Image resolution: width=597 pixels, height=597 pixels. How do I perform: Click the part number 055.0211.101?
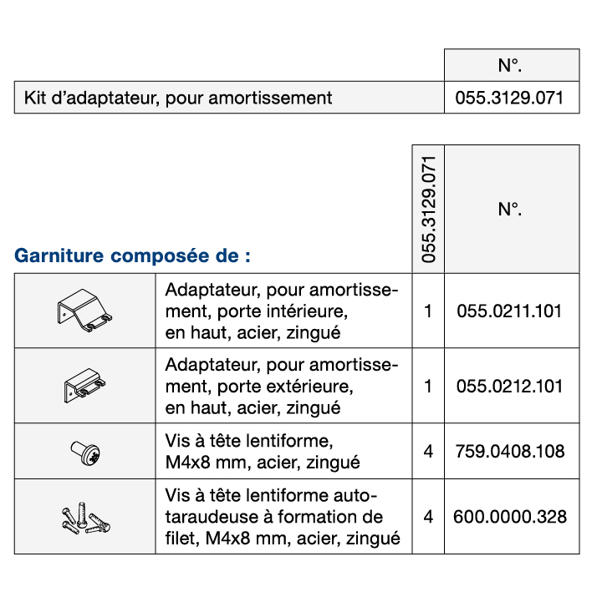(x=510, y=312)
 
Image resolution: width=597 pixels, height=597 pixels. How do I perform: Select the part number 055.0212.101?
(x=510, y=387)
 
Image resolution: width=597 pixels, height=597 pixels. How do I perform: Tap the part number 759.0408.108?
(x=510, y=452)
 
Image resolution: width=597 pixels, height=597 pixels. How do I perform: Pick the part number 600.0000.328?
(x=510, y=517)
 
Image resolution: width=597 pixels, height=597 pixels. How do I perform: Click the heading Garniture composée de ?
(x=132, y=255)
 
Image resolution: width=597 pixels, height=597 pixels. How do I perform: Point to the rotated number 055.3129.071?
(x=429, y=209)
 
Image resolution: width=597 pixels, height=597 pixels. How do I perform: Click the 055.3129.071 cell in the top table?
(x=510, y=98)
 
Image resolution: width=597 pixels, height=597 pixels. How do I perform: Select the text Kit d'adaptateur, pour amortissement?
(x=178, y=98)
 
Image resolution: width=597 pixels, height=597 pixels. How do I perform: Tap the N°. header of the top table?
(x=510, y=65)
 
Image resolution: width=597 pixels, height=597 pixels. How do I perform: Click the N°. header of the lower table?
(x=510, y=209)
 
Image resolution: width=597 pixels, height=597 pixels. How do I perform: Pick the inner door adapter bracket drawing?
(x=84, y=311)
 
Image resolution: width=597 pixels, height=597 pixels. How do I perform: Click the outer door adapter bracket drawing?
(x=84, y=387)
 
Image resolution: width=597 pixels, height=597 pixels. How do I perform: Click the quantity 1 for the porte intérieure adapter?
(x=429, y=312)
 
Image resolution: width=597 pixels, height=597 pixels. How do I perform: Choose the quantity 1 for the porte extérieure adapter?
(x=429, y=387)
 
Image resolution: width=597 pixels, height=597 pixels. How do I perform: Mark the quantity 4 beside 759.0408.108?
(x=429, y=452)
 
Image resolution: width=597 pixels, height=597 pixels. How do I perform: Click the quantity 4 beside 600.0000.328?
(x=429, y=517)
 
